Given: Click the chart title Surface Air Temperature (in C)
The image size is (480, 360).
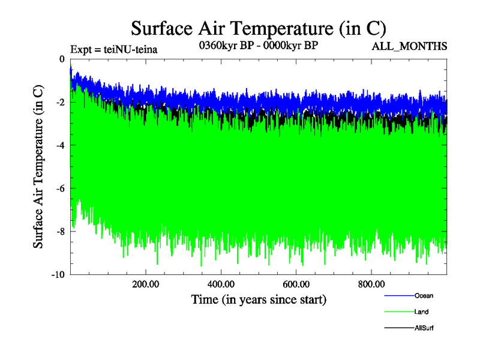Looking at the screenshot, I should click(258, 28).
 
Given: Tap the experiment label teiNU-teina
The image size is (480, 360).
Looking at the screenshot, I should click(114, 49).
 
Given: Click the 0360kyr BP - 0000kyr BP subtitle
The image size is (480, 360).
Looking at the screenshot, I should click(258, 46).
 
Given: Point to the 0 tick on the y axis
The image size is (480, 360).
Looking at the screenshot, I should click(61, 59).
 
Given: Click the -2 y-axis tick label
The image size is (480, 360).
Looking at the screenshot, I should click(59, 103).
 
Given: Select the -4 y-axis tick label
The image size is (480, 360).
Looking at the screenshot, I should click(59, 146).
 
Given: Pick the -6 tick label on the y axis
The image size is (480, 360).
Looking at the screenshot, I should click(59, 189).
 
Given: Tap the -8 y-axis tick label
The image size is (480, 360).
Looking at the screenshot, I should click(59, 232).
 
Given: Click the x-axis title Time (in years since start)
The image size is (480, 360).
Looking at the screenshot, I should click(259, 299).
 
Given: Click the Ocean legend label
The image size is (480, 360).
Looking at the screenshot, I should click(424, 296).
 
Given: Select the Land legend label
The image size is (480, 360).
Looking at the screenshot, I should click(421, 312).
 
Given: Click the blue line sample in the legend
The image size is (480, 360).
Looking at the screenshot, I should click(398, 296).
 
